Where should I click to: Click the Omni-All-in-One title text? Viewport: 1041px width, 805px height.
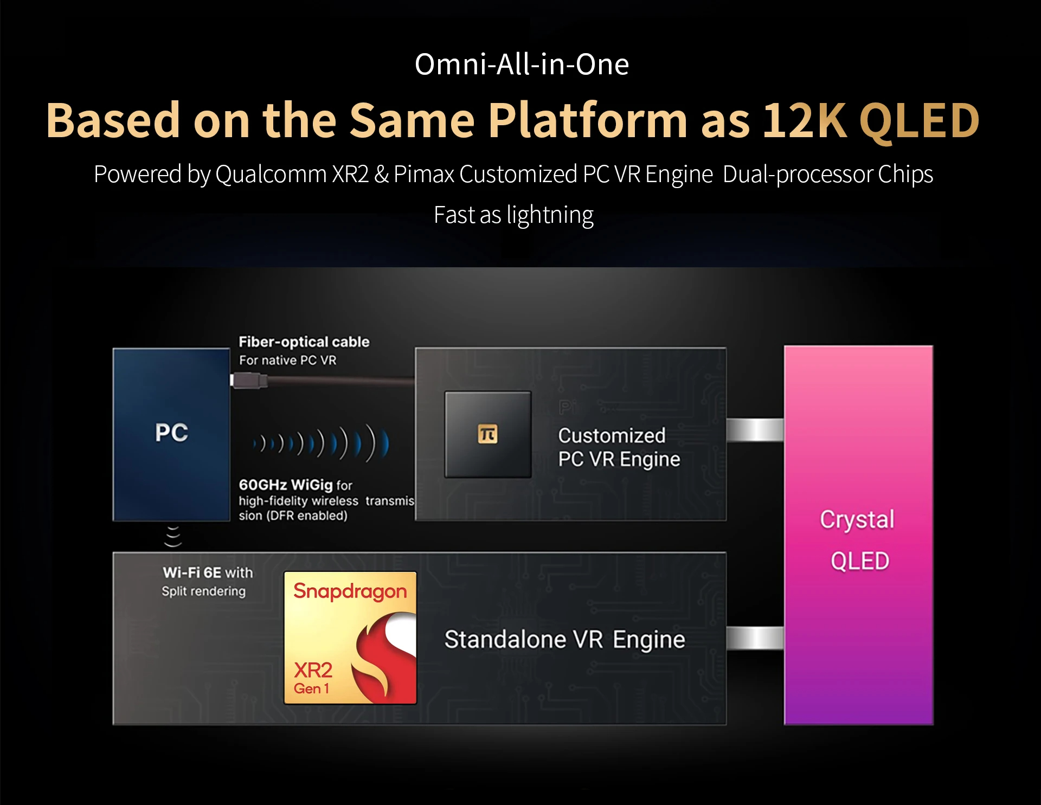tap(521, 65)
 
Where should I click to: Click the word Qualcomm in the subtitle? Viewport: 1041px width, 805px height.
tap(272, 175)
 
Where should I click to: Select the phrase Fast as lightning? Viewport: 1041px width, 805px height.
tap(513, 215)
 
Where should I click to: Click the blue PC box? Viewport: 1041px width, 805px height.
tap(171, 434)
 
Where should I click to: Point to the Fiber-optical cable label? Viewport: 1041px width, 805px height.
tap(304, 342)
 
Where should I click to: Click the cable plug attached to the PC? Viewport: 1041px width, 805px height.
tap(249, 381)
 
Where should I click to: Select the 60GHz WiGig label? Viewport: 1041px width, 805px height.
tap(286, 485)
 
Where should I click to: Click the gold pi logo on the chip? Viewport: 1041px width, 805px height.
tap(487, 434)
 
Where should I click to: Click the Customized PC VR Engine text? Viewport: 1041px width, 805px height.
tap(619, 447)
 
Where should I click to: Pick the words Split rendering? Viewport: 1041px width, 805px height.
tap(203, 591)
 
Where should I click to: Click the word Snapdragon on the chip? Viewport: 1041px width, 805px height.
tap(350, 591)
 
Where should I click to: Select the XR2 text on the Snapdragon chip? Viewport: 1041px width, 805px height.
tap(313, 671)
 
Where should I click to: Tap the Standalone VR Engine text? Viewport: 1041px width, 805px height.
tap(564, 640)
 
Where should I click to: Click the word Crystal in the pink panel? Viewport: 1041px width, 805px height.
tap(857, 519)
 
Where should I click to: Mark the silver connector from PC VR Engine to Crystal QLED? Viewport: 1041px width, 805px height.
tap(755, 430)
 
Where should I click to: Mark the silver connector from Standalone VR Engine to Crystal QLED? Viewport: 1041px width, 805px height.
tap(755, 638)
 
